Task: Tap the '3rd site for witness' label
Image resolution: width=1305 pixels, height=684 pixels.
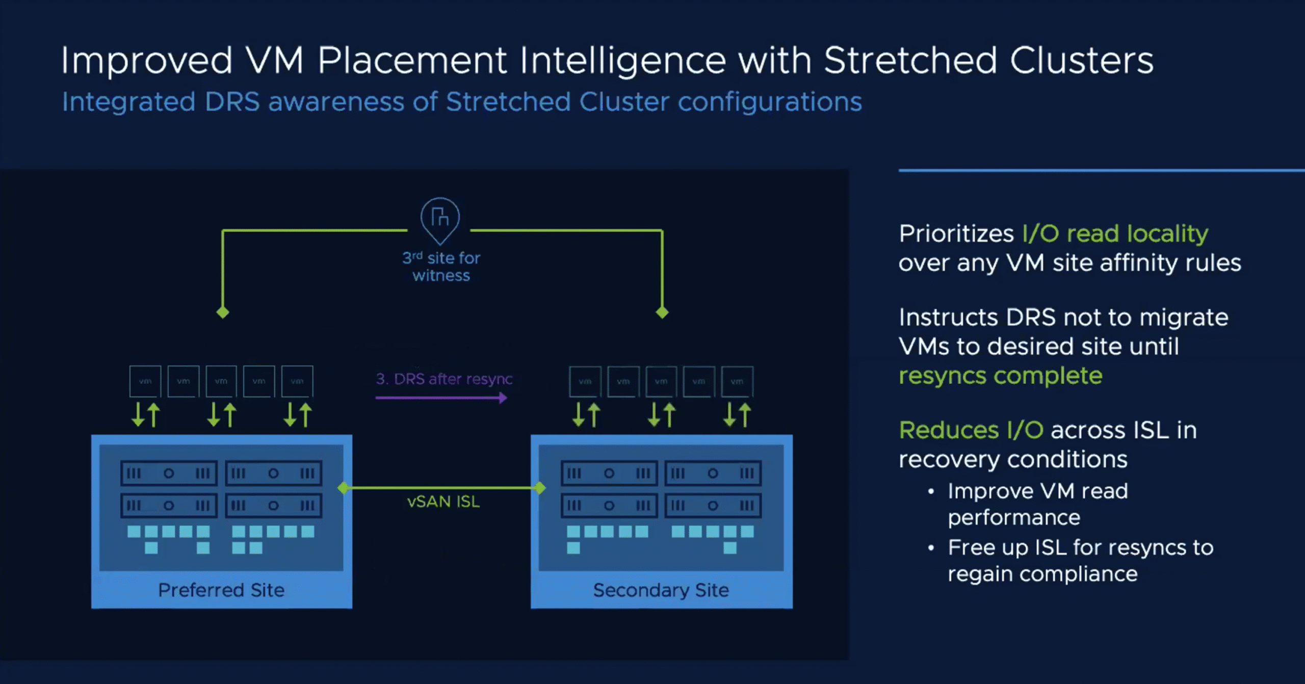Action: click(x=441, y=267)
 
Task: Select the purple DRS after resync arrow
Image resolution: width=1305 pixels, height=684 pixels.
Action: click(x=441, y=398)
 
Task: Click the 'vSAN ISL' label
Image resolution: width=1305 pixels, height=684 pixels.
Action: click(x=443, y=502)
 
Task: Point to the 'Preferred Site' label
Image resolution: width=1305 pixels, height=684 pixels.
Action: click(x=221, y=590)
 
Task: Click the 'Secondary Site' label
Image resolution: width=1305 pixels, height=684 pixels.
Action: click(x=661, y=590)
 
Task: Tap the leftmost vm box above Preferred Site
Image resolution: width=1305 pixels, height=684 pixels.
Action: click(x=145, y=381)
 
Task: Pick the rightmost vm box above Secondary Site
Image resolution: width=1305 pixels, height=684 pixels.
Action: click(x=737, y=381)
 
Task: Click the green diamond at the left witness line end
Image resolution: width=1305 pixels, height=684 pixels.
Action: click(x=223, y=312)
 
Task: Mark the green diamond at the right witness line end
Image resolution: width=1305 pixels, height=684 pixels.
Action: click(x=662, y=312)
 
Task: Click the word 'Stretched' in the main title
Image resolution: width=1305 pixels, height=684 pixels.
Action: click(x=910, y=61)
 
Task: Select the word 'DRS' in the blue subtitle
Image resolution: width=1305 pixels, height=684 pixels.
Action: click(x=232, y=101)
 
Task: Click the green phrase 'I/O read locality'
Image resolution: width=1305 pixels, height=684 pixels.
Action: click(x=1115, y=234)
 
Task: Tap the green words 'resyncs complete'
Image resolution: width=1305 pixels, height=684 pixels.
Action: click(x=1000, y=376)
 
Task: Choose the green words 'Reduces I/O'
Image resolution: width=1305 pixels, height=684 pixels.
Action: click(x=971, y=430)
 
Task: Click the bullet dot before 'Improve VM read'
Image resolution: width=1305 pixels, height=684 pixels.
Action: click(x=931, y=492)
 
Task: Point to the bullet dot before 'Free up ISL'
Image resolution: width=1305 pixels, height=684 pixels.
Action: click(x=931, y=548)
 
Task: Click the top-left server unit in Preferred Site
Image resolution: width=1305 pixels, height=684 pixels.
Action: click(x=169, y=473)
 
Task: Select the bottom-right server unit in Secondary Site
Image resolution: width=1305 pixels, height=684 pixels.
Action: click(x=713, y=506)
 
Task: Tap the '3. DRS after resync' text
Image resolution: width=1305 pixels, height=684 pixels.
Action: click(x=444, y=379)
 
